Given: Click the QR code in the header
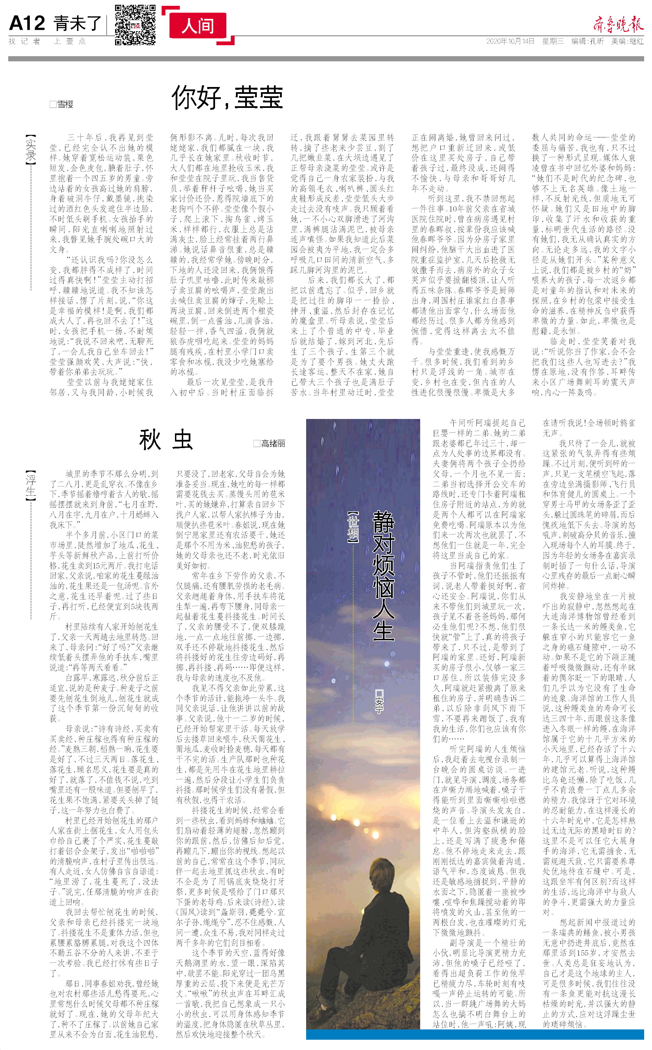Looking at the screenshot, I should tap(135, 25).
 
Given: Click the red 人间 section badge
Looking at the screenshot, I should tap(198, 26).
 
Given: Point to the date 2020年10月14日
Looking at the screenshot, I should tap(510, 41).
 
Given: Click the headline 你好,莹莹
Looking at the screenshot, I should tap(227, 98).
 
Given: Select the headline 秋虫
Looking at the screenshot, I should tap(166, 440).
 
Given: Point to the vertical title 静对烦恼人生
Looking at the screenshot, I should tap(383, 576).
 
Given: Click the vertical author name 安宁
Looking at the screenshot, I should tap(379, 701).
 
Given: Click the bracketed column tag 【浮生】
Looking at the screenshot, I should tap(30, 486).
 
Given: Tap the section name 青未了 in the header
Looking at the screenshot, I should tap(78, 23).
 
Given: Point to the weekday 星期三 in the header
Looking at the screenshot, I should tap(553, 41).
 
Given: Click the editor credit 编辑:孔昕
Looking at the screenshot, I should tap(587, 41).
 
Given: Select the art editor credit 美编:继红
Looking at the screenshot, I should tap(627, 41).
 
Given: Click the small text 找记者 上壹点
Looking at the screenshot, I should tap(48, 41).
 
